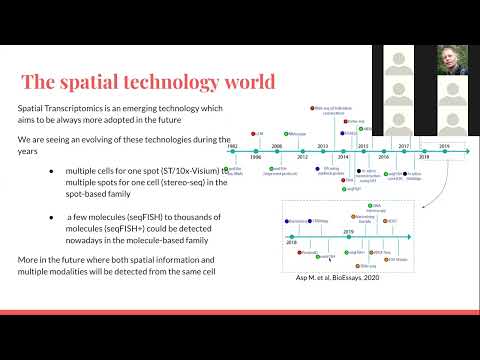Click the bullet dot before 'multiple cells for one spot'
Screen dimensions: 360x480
pyautogui.click(x=52, y=171)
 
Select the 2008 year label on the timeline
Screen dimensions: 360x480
pyautogui.click(x=277, y=146)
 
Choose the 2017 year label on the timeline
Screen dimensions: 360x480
pyautogui.click(x=405, y=146)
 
